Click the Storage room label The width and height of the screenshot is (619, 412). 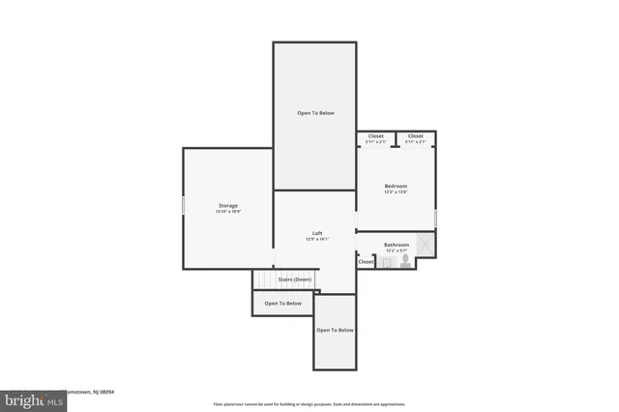(x=227, y=205)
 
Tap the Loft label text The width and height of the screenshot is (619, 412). (x=316, y=233)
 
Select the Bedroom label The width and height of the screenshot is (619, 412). (x=396, y=186)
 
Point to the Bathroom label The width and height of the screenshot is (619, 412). (x=396, y=245)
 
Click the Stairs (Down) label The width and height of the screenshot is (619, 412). (x=295, y=280)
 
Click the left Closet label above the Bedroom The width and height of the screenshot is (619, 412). (x=375, y=136)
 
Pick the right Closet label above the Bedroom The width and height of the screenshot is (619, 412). (x=415, y=136)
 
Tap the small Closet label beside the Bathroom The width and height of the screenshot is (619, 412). (x=366, y=261)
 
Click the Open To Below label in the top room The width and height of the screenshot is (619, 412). (x=315, y=113)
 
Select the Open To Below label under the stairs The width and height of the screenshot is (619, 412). (x=283, y=304)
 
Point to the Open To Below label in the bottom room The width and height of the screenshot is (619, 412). (x=335, y=330)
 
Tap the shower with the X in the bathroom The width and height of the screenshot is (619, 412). (x=425, y=245)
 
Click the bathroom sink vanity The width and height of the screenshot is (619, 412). (x=385, y=261)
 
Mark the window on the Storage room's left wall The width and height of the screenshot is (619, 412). (x=184, y=206)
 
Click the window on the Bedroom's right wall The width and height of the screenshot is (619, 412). (x=435, y=218)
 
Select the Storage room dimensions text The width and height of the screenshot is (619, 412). (x=227, y=211)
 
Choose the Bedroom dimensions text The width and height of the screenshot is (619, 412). (x=396, y=191)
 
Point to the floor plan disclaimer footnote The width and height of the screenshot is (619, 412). (x=309, y=404)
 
